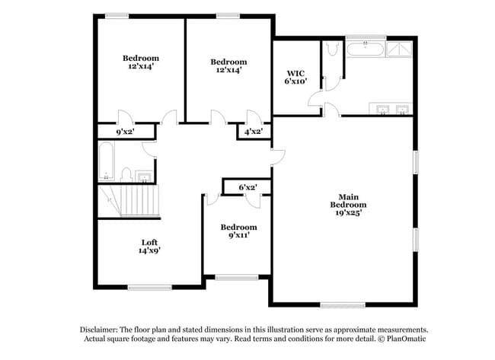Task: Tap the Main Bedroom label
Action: (x=348, y=200)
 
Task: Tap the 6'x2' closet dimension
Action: (x=247, y=186)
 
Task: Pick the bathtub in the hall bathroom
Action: (x=106, y=161)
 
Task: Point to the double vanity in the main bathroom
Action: (x=391, y=108)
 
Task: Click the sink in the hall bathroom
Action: (x=145, y=177)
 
